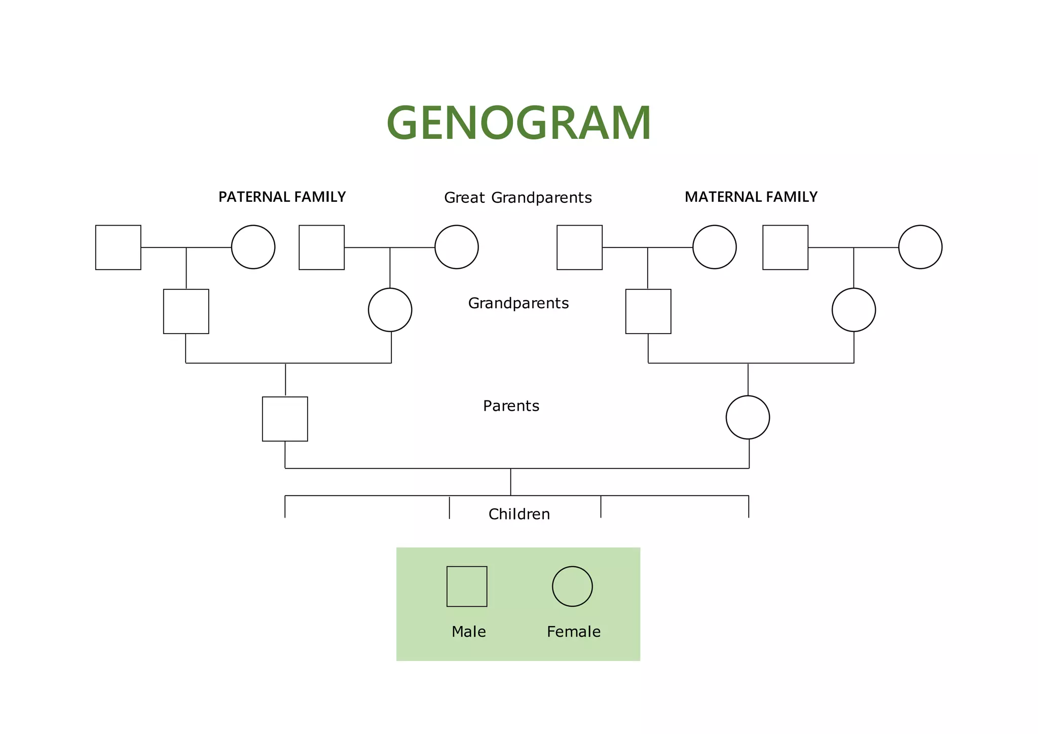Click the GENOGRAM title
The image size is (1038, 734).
coord(518,123)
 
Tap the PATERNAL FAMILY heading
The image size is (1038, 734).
coord(282,197)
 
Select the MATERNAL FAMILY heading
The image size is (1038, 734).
coord(751,197)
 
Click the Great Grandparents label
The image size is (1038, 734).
coord(517,198)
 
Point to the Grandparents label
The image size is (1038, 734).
coord(518,303)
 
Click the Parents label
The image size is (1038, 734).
coord(511,406)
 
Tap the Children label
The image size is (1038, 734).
coord(519,514)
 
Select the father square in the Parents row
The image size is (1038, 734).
coord(285,419)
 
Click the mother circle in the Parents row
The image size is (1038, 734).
coord(748,417)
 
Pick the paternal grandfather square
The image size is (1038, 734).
coord(186,311)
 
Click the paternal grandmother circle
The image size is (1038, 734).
coord(390,310)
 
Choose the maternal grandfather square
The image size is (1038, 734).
coord(648,311)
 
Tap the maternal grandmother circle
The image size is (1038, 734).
coord(854,310)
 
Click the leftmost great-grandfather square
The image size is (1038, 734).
coord(118,247)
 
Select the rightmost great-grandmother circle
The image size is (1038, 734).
coord(920,247)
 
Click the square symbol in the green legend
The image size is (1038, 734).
coord(467,586)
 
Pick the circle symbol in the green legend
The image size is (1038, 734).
coord(572,586)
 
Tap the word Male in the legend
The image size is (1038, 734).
coord(468,632)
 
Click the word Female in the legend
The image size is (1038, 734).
coord(573,632)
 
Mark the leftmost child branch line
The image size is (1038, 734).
coord(285,507)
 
